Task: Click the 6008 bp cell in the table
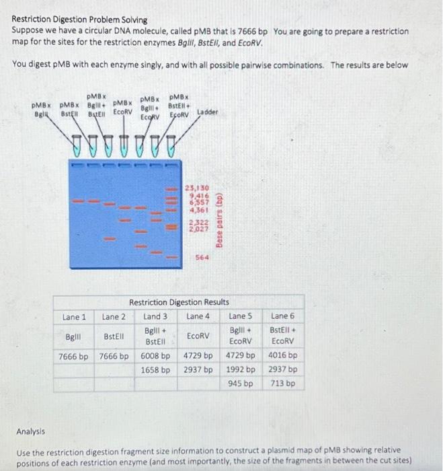tap(157, 356)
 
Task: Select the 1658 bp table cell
tap(157, 370)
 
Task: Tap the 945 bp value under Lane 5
tap(240, 384)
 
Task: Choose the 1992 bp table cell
tap(240, 370)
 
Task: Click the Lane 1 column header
tap(74, 316)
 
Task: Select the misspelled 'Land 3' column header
tap(156, 316)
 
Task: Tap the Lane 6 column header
tap(282, 316)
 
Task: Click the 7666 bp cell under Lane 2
tap(114, 356)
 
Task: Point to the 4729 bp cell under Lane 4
tap(198, 356)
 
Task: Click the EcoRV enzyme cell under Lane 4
tap(198, 335)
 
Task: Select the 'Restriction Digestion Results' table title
tap(179, 303)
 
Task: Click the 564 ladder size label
tap(202, 258)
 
